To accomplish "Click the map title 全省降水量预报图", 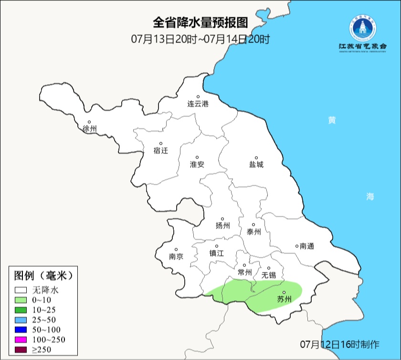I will point(200,22).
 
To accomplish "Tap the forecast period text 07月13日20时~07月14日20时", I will point(200,39).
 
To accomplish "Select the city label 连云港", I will point(198,104).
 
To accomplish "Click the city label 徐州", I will point(89,129).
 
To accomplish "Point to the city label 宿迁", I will point(161,150).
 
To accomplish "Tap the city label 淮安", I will point(197,164).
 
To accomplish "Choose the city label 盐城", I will point(256,165).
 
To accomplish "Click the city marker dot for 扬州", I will point(222,219).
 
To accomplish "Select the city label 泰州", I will point(253,232).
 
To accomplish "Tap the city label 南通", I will point(307,246).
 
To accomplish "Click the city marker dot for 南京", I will point(176,250).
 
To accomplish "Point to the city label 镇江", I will point(216,254).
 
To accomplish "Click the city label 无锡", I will point(268,275).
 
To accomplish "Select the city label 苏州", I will point(284,300).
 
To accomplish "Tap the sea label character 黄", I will point(331,120).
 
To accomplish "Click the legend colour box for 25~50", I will point(21,320).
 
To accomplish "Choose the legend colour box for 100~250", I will point(21,340).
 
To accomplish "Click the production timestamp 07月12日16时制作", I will point(340,344).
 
